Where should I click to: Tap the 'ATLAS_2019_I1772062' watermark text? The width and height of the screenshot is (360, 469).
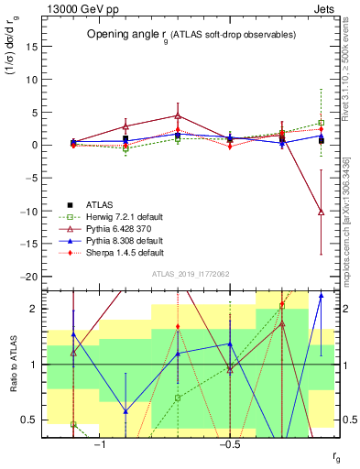coord(190,274)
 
